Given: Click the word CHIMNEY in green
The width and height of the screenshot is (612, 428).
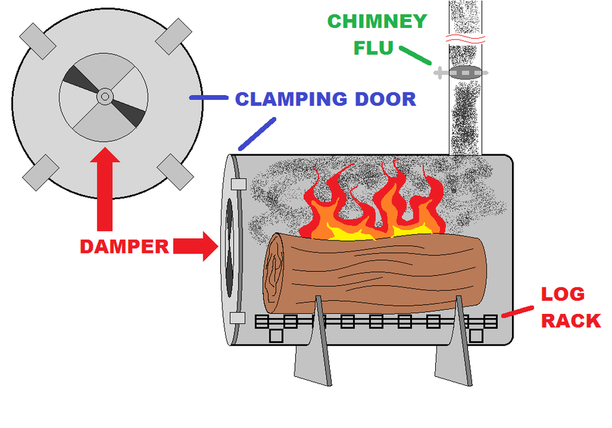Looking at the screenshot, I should [x=377, y=21].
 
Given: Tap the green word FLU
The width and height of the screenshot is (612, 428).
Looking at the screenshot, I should [x=373, y=48].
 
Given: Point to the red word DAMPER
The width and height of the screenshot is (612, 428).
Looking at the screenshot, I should [x=124, y=247].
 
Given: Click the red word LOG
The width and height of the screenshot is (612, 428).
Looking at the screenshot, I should [x=562, y=295].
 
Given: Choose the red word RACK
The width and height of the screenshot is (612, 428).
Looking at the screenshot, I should [x=571, y=320].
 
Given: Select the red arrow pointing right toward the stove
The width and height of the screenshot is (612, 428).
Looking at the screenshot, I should [x=198, y=245].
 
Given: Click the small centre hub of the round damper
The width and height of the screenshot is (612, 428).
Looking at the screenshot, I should [x=104, y=97].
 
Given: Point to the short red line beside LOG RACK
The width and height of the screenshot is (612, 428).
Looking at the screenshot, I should [x=517, y=311].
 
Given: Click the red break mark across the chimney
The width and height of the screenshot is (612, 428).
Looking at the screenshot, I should [x=464, y=39].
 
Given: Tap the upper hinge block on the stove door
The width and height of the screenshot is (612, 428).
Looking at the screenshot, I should [x=237, y=183].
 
